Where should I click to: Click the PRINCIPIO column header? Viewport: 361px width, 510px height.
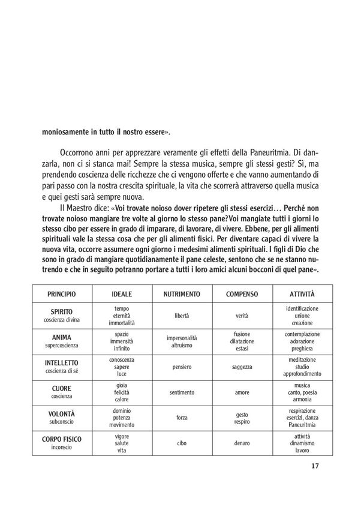coord(67,296)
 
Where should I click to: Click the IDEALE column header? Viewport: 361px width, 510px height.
coord(122,296)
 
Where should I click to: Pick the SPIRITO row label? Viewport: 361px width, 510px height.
coord(67,312)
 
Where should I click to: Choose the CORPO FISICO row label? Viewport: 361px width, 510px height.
coord(67,439)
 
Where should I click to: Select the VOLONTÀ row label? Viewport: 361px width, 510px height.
coord(67,414)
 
